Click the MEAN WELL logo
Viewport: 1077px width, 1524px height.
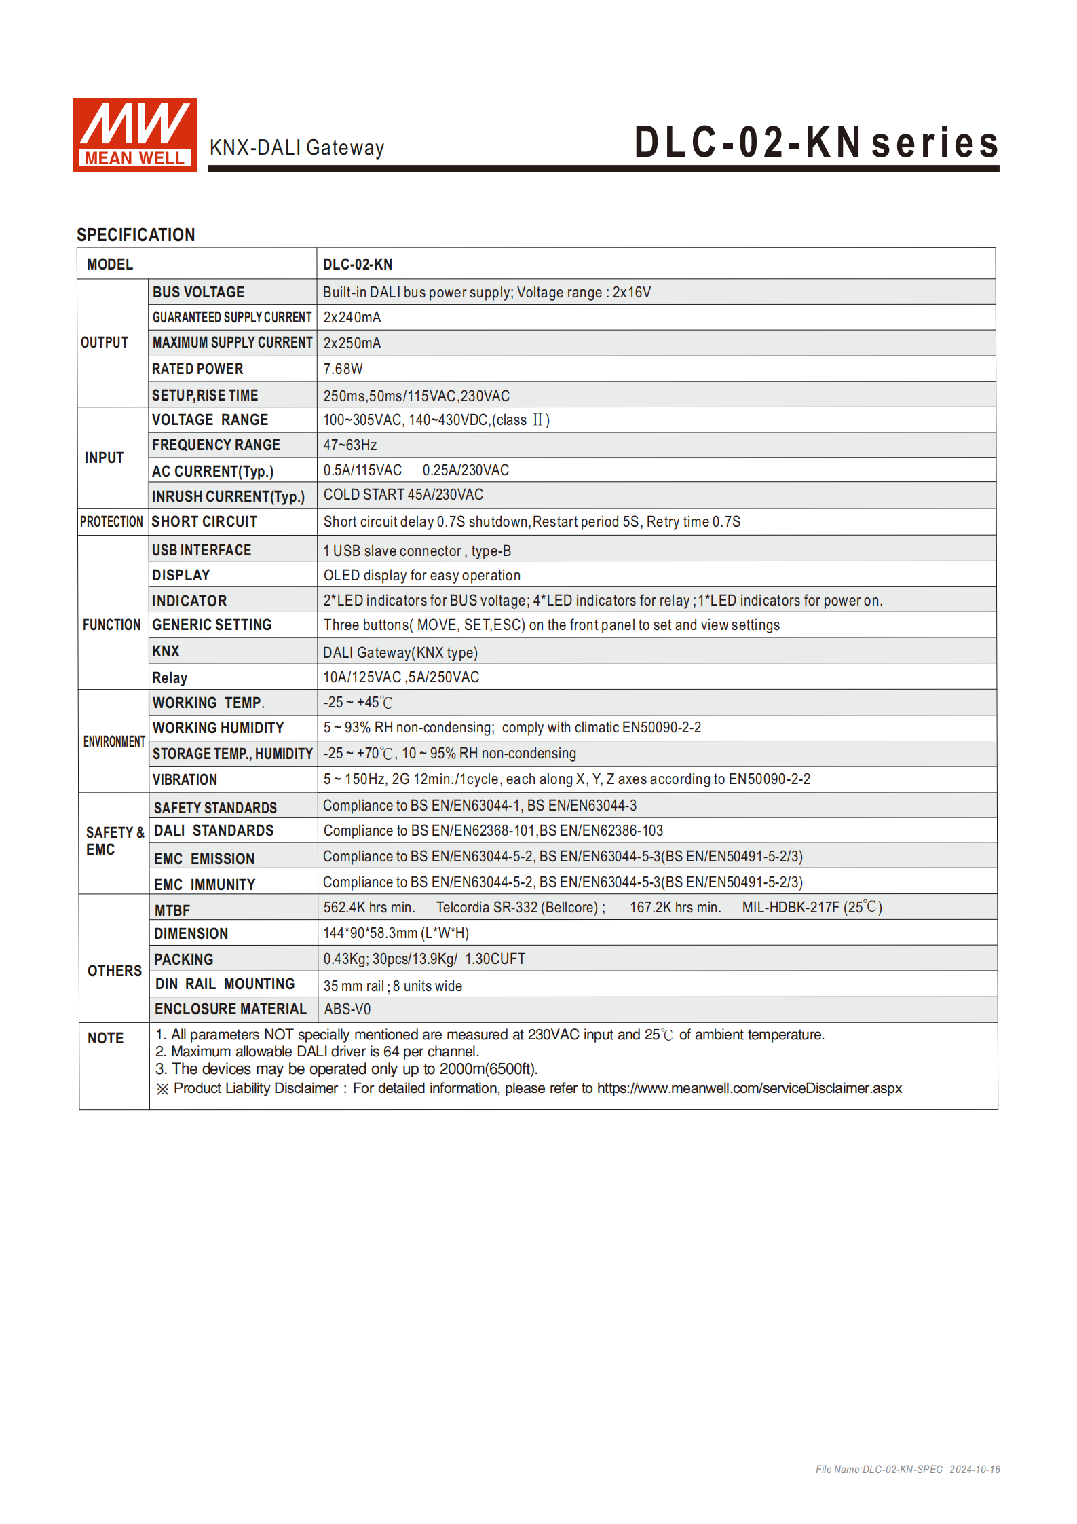pyautogui.click(x=134, y=135)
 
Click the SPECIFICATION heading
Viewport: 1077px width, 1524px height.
pyautogui.click(x=136, y=235)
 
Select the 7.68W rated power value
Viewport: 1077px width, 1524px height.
pyautogui.click(x=343, y=369)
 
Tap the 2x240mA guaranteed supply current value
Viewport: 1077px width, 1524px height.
pyautogui.click(x=352, y=318)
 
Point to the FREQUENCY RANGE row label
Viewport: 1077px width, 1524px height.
pyautogui.click(x=216, y=445)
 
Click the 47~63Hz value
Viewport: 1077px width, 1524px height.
pyautogui.click(x=349, y=445)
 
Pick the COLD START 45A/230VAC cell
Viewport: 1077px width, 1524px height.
pyautogui.click(x=403, y=495)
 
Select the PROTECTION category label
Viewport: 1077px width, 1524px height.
pyautogui.click(x=111, y=522)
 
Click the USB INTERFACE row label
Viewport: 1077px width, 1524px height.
pyautogui.click(x=202, y=551)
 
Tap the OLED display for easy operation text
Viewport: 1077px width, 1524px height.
pyautogui.click(x=421, y=576)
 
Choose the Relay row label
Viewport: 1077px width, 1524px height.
pyautogui.click(x=170, y=677)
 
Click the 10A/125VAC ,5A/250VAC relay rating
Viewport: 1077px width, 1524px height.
pyautogui.click(x=401, y=677)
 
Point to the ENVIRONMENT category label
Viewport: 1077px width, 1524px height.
pyautogui.click(x=114, y=741)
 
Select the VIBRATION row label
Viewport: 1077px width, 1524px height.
pyautogui.click(x=185, y=780)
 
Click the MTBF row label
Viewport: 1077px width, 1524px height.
pyautogui.click(x=172, y=910)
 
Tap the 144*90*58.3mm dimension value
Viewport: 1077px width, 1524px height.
pyautogui.click(x=396, y=933)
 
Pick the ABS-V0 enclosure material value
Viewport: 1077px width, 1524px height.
pyautogui.click(x=347, y=1009)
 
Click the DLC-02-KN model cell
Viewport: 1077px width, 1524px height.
pyautogui.click(x=358, y=265)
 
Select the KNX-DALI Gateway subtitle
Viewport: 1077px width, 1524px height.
pyautogui.click(x=297, y=148)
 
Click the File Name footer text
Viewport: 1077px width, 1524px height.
pyautogui.click(x=907, y=1469)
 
